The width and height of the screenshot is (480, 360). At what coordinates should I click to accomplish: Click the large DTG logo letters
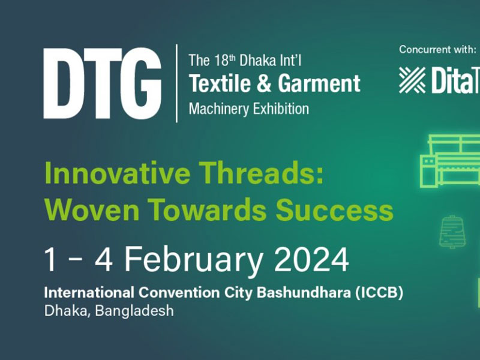coord(102,83)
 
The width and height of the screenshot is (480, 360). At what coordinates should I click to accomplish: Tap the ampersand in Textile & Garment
coord(264,83)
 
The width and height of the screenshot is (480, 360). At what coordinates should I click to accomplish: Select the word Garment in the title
coord(319,83)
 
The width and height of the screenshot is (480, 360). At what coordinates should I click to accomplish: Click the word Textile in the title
coord(220,83)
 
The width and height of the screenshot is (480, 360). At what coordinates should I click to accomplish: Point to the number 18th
coord(224,60)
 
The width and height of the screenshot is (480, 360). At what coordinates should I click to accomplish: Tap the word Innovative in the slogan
coord(117,173)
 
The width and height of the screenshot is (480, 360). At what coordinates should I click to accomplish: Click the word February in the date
coord(193,260)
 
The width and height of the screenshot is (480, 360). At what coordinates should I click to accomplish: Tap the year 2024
coord(311,260)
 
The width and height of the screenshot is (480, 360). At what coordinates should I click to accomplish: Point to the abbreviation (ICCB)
coord(379,293)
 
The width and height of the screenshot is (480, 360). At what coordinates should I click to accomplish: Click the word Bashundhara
coord(304,292)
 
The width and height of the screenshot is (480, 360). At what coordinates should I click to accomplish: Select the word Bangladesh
coord(134,311)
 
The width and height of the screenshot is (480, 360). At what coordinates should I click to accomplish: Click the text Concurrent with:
coord(438,50)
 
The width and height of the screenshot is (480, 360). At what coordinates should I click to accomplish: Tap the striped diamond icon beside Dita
coord(412,80)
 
